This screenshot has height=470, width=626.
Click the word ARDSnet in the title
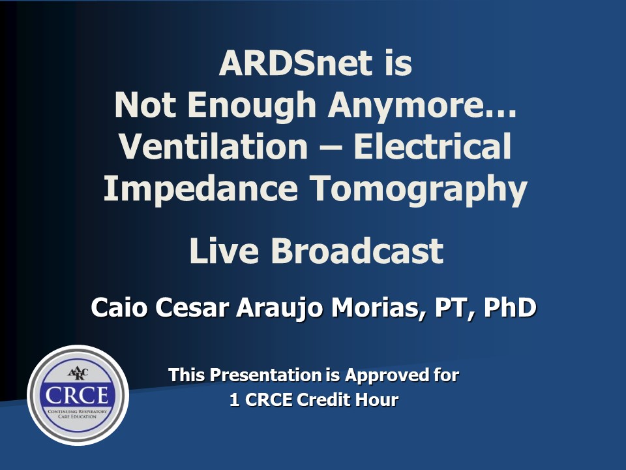click(296, 63)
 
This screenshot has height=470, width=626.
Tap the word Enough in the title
click(252, 104)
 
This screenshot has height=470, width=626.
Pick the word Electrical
click(432, 146)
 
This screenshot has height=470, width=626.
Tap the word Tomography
click(419, 188)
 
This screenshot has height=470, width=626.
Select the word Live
click(224, 250)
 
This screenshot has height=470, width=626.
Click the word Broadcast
click(357, 250)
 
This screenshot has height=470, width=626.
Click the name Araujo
click(279, 308)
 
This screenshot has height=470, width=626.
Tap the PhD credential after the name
click(510, 307)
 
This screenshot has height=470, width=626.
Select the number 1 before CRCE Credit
click(235, 399)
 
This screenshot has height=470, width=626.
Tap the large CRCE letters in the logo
click(77, 396)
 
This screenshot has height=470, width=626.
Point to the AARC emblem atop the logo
click(78, 373)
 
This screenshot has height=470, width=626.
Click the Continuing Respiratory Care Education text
click(77, 414)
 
